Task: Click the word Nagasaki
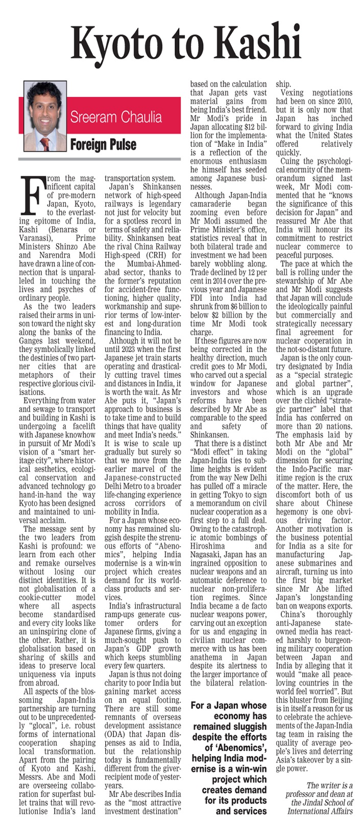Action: click(206, 555)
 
